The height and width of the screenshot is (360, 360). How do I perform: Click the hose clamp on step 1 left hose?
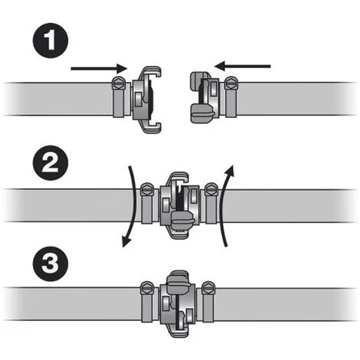[x=119, y=97]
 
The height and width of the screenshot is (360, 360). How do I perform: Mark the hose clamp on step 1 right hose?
[x=231, y=97]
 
